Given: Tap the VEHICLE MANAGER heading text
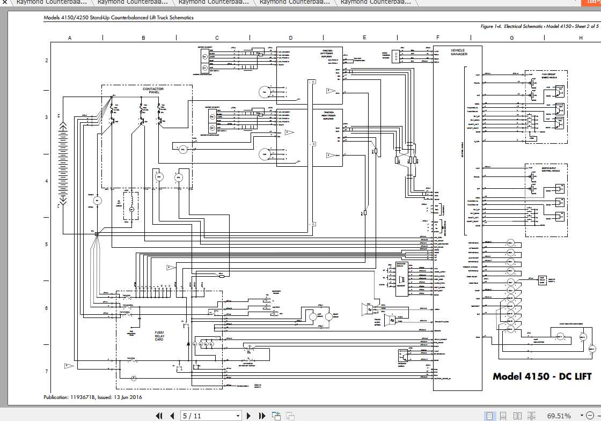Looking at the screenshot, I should pos(459,52).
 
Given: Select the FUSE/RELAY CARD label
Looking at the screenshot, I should pos(159,336).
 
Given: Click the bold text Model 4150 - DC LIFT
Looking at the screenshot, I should pos(542,376).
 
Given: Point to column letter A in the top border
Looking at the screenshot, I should pos(70,38).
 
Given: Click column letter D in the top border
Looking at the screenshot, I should pos(290,38).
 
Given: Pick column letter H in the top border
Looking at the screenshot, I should pos(581,38).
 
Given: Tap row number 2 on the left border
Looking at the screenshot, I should pos(47,61).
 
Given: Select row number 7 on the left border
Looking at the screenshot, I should pos(47,371).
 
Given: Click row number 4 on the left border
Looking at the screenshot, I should pos(47,181).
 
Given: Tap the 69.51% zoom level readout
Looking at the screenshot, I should pos(559,416).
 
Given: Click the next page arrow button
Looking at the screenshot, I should pos(248,416).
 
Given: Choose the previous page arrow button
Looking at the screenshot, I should pos(172,416).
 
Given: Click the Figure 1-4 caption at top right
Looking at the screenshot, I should pos(539,26).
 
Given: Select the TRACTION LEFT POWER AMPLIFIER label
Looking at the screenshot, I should pos(327,53).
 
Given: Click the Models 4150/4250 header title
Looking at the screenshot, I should pos(118,17).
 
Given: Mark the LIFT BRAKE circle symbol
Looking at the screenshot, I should pos(313,317).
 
